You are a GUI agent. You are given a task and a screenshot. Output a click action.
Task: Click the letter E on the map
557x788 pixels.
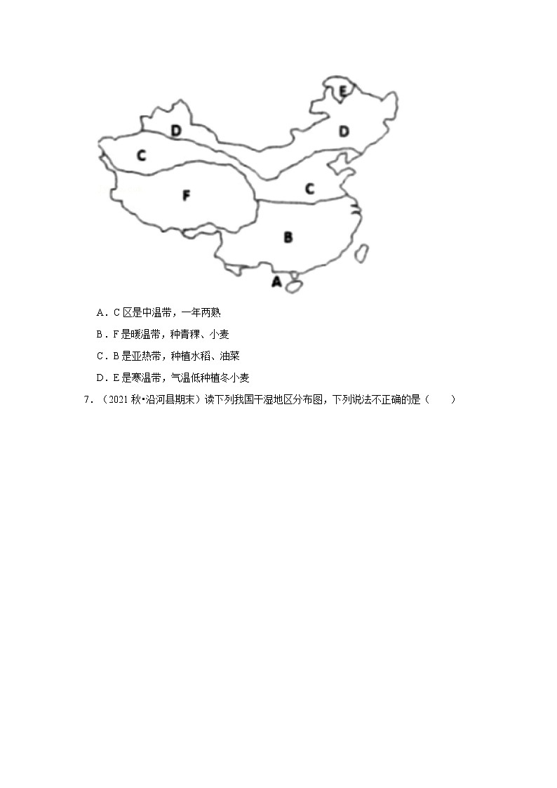[342, 91]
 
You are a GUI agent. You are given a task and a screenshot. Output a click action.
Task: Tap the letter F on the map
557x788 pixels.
[186, 196]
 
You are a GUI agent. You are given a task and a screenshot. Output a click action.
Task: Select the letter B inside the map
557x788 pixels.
[288, 237]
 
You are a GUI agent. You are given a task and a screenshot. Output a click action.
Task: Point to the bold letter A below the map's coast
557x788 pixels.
[276, 282]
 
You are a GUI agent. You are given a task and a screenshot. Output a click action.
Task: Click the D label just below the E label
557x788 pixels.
[344, 131]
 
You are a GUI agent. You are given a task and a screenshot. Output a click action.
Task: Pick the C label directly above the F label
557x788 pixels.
[141, 155]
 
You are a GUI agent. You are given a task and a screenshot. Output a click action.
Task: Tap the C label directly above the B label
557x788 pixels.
[309, 188]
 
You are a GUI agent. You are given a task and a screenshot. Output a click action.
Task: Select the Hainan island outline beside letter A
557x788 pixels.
[296, 285]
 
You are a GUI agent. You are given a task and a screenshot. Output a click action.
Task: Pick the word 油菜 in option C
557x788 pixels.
[229, 356]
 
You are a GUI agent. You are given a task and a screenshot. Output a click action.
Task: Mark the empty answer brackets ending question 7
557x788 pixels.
[442, 400]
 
